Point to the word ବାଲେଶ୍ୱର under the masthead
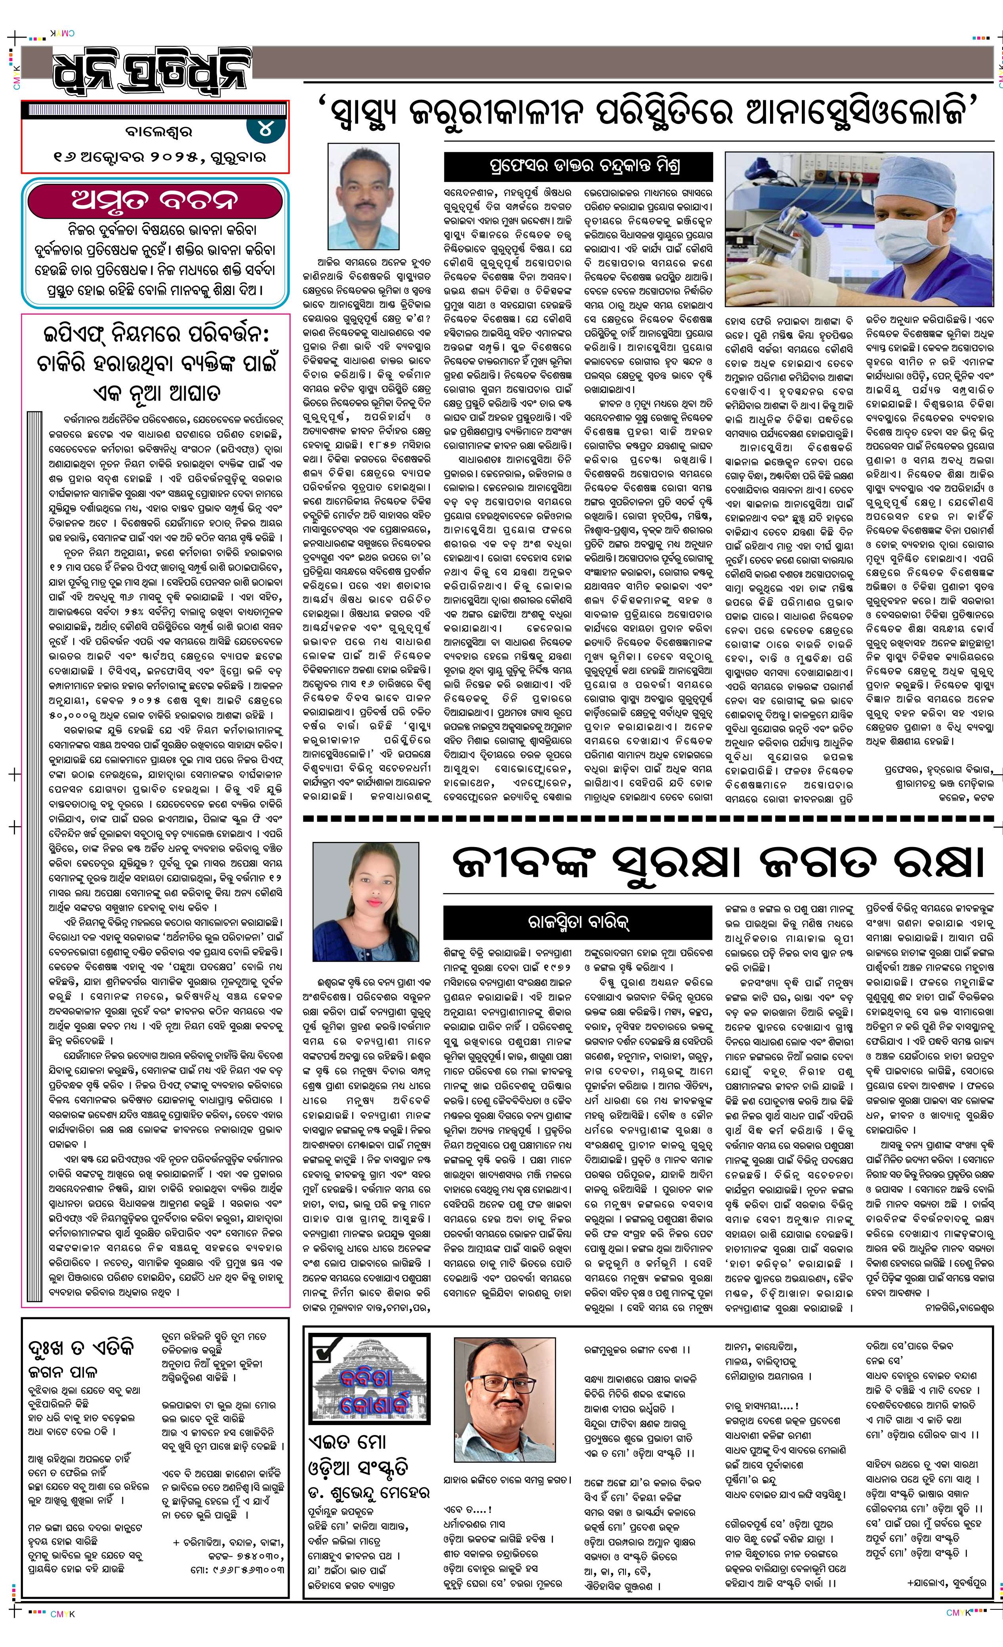154,132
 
